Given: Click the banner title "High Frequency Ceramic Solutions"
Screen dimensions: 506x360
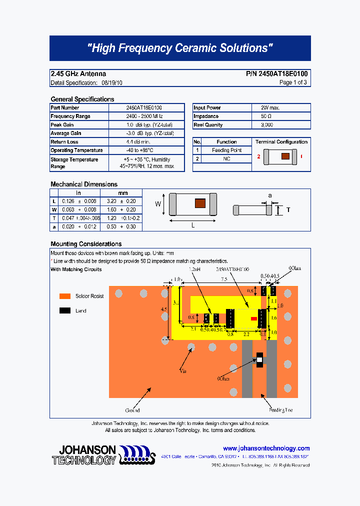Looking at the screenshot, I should pyautogui.click(x=180, y=48).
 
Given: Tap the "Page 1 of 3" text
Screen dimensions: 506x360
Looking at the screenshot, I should pyautogui.click(x=293, y=82).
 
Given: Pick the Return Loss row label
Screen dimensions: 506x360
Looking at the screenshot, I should pyautogui.click(x=64, y=142).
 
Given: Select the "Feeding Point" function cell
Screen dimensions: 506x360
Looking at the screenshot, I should pyautogui.click(x=226, y=150).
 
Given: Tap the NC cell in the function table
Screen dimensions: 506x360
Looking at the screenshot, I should pyautogui.click(x=226, y=159).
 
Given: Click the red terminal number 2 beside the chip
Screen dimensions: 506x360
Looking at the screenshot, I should pyautogui.click(x=259, y=156).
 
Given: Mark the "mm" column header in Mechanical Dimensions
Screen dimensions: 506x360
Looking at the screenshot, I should pyautogui.click(x=122, y=193).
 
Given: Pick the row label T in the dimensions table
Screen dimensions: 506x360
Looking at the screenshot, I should pyautogui.click(x=54, y=218).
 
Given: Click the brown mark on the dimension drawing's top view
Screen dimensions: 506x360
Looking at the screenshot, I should pyautogui.click(x=199, y=203).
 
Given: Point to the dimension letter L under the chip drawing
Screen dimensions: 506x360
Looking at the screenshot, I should pyautogui.click(x=193, y=225).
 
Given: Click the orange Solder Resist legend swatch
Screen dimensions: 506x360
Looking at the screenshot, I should pyautogui.click(x=64, y=296).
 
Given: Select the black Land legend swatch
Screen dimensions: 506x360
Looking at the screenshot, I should pyautogui.click(x=64, y=310).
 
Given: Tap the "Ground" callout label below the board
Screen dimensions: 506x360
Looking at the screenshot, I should pyautogui.click(x=132, y=410).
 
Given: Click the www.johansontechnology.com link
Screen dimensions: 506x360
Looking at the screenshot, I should pyautogui.click(x=266, y=448).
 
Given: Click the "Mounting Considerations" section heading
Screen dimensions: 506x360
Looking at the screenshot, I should pyautogui.click(x=86, y=244).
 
